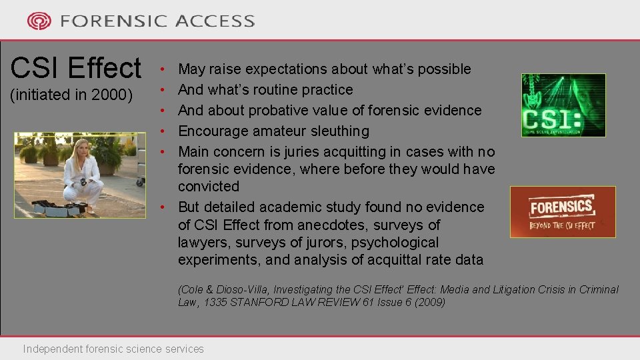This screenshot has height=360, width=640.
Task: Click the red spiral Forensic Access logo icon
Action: (x=39, y=21)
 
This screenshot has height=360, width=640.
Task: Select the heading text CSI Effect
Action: (x=76, y=68)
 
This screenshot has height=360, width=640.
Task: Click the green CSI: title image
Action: (x=563, y=105)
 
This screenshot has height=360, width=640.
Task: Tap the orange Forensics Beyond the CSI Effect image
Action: (x=562, y=212)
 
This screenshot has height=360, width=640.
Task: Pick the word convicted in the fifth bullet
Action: (x=208, y=187)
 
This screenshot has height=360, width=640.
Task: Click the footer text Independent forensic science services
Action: (x=113, y=349)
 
